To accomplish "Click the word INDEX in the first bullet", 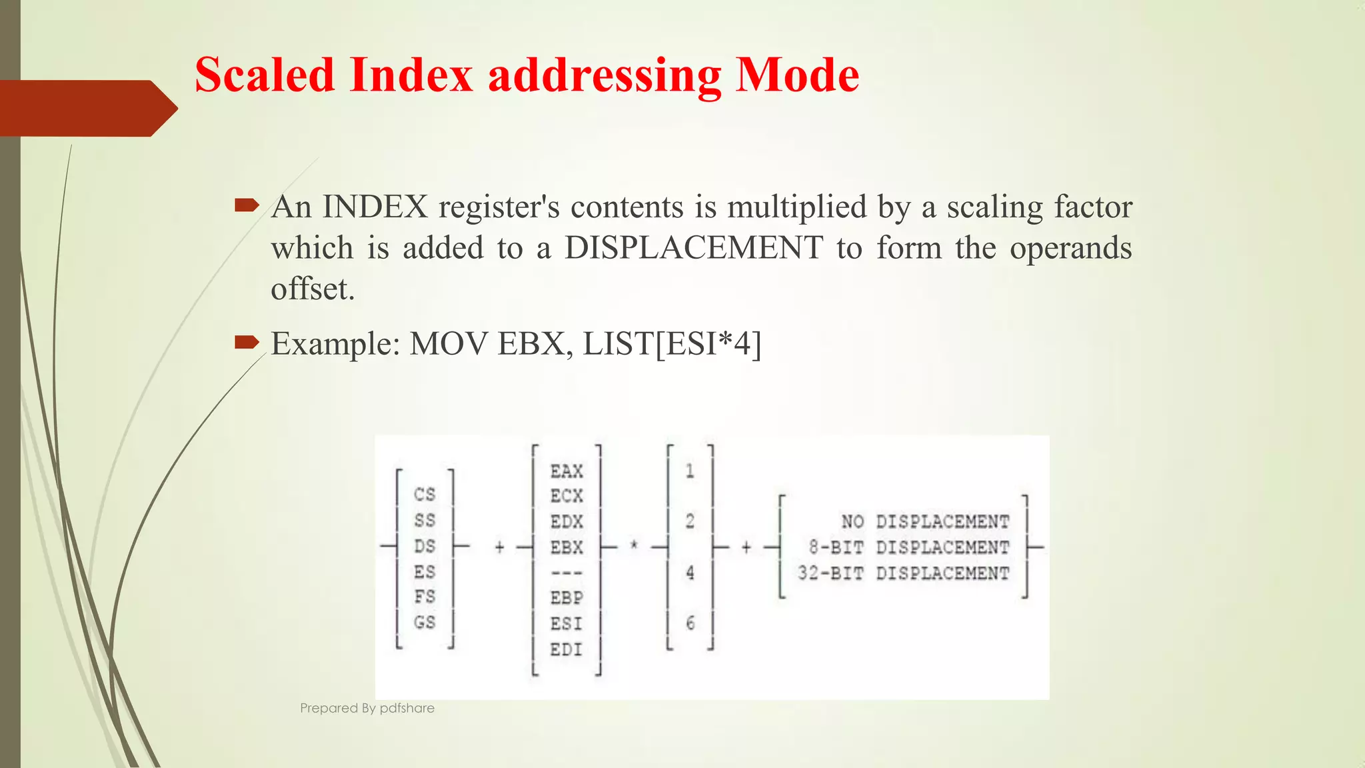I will pos(375,207).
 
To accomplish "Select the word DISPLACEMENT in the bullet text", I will pos(693,248).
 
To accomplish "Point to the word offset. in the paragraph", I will pos(313,289).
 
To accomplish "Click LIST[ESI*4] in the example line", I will pos(672,344).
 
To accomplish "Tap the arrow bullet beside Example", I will pos(247,343).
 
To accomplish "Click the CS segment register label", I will pos(425,495).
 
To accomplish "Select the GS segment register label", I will pos(425,623).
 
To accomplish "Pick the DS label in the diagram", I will pos(425,547).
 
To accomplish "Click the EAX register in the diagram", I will pos(567,471).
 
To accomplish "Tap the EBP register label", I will pos(567,598).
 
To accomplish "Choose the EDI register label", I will pos(567,649).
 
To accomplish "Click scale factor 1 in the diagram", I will pos(690,471).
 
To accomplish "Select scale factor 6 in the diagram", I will pos(690,623).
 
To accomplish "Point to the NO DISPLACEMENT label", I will pos(925,521).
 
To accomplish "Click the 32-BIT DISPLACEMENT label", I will pos(903,573).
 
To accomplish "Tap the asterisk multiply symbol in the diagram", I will pos(634,546).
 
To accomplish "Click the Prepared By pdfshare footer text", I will pos(367,708).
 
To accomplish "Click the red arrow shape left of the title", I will pos(87,108).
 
